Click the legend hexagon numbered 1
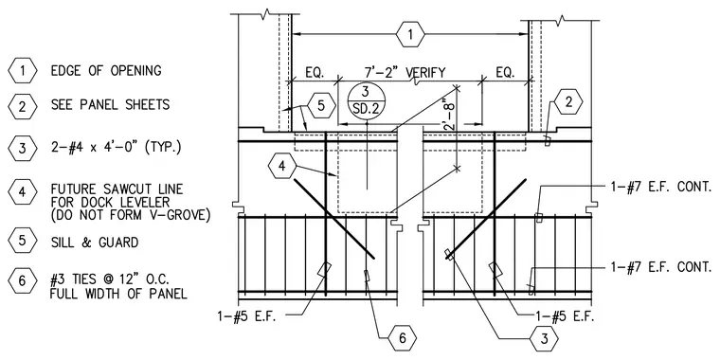[x=23, y=71]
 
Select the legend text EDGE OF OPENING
[x=106, y=71]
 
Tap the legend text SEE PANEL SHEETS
[x=110, y=105]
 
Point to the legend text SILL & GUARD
[x=95, y=242]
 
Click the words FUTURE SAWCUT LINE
[x=117, y=189]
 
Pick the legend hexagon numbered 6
[x=23, y=280]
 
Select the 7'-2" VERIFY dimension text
[x=405, y=73]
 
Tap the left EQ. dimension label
[x=315, y=73]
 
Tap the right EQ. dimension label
[x=505, y=73]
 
